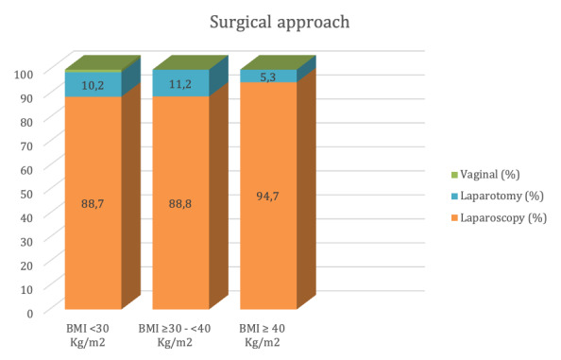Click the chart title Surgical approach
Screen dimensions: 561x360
point(280,22)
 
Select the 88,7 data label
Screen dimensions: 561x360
point(93,204)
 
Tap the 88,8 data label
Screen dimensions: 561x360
point(180,204)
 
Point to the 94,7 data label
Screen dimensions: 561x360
point(267,197)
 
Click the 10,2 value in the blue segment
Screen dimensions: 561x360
point(93,85)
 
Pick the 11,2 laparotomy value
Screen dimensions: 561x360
point(180,84)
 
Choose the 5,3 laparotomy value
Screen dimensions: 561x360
point(268,77)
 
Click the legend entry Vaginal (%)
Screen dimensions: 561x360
point(485,175)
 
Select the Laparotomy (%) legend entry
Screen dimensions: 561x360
point(498,197)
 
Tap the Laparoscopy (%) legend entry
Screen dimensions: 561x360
point(499,218)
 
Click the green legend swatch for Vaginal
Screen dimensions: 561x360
point(454,175)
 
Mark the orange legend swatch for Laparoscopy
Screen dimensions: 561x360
point(454,218)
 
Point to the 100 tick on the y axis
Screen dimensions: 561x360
point(24,75)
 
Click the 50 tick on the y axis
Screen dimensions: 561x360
point(26,194)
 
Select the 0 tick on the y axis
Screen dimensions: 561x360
point(29,314)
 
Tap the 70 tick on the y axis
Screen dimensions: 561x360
point(26,146)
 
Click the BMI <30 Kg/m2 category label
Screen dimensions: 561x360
point(88,335)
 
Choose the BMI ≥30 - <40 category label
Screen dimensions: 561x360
point(175,335)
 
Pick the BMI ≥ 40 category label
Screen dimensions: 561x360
point(263,335)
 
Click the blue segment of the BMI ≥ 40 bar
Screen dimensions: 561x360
point(268,77)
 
